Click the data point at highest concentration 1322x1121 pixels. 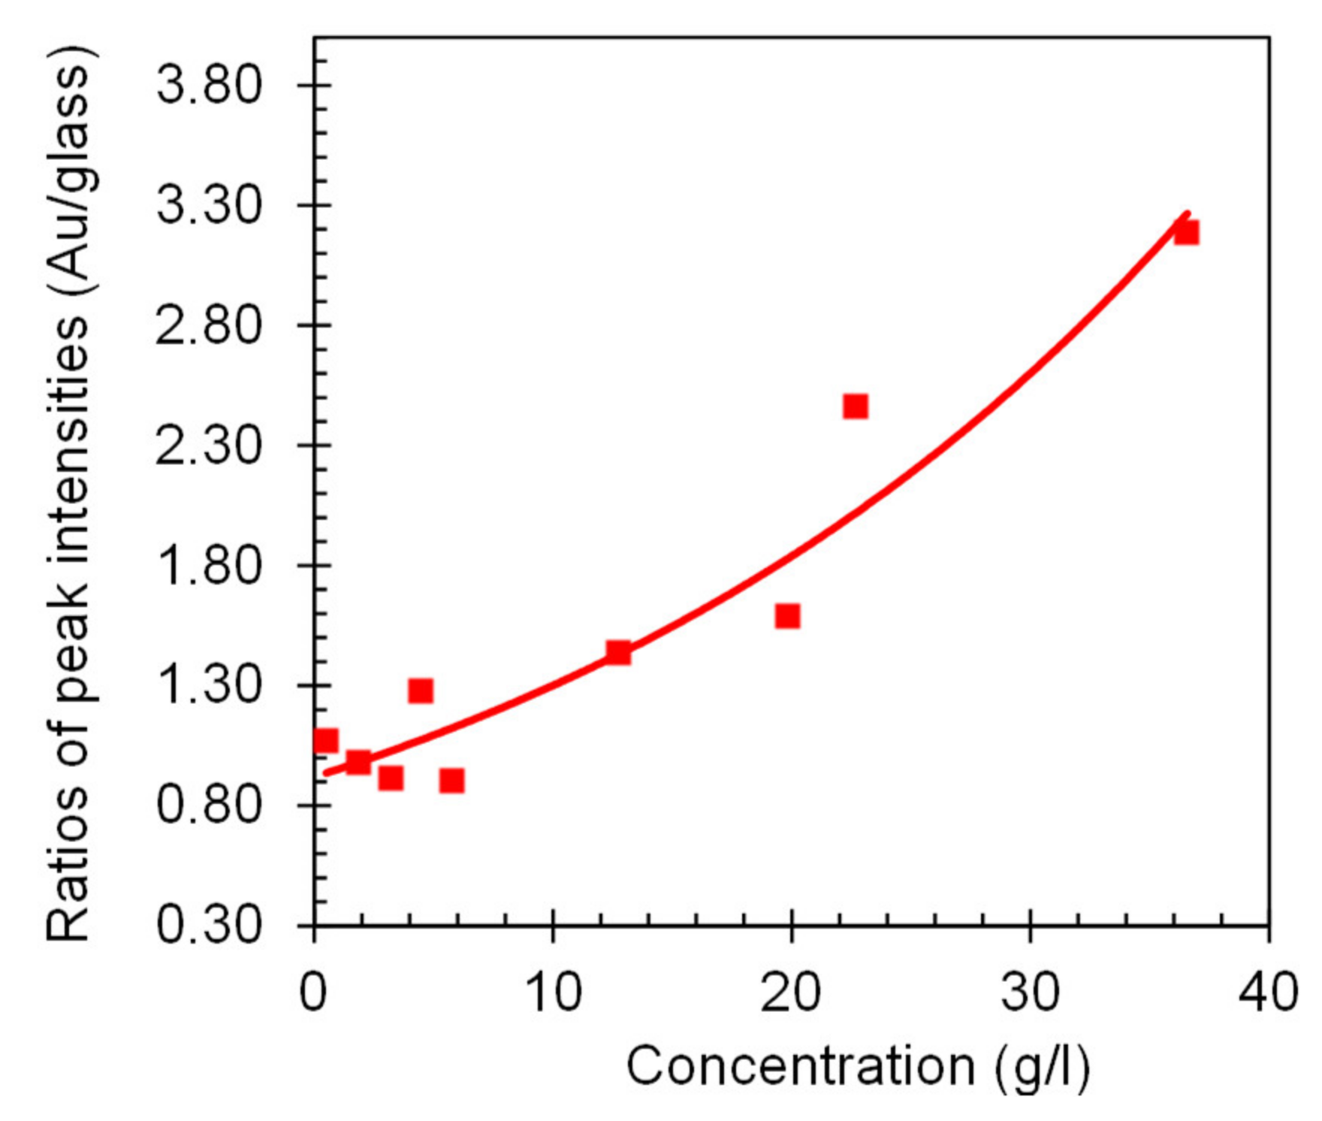click(x=1186, y=232)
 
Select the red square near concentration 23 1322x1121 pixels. click(x=856, y=406)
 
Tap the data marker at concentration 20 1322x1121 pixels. click(x=787, y=616)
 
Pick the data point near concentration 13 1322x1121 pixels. click(x=618, y=652)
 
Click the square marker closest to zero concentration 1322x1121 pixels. click(x=326, y=741)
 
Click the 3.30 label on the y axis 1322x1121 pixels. click(x=209, y=204)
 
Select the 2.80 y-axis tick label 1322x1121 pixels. click(x=209, y=325)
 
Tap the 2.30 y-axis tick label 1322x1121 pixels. click(x=209, y=445)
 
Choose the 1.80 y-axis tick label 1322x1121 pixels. click(x=209, y=565)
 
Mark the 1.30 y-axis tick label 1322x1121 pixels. click(x=209, y=685)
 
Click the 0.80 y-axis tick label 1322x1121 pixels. click(x=209, y=805)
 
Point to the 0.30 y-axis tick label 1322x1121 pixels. click(x=209, y=925)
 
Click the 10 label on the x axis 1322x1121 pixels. click(x=553, y=992)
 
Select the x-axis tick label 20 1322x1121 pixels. click(x=790, y=992)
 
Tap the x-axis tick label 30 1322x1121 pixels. click(x=1030, y=992)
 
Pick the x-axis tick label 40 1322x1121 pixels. click(x=1268, y=992)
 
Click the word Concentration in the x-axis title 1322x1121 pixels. click(x=801, y=1065)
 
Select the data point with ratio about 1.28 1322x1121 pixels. click(x=421, y=690)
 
